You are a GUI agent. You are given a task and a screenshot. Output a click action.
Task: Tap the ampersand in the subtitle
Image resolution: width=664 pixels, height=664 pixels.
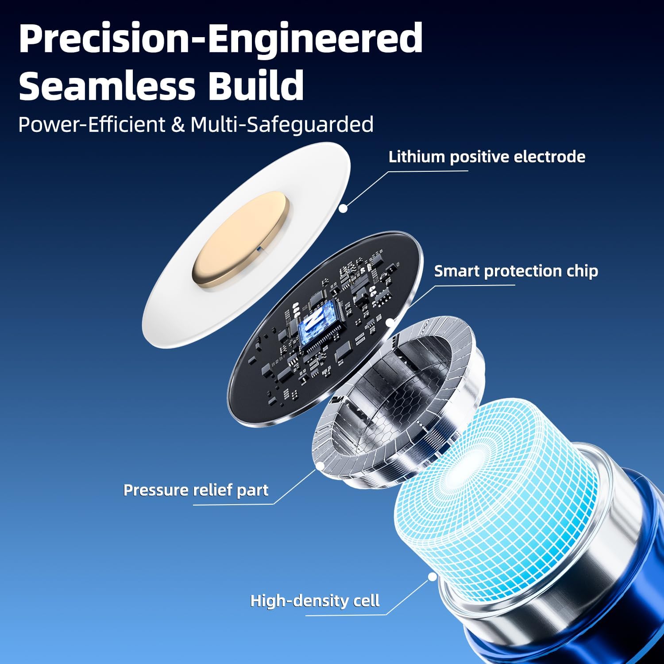click(178, 125)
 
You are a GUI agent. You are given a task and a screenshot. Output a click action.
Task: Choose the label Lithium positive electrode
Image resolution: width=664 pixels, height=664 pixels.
click(487, 157)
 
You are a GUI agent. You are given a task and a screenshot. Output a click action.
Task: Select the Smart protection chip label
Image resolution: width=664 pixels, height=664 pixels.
click(516, 271)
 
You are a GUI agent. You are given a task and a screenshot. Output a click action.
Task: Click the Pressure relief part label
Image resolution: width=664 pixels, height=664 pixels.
click(196, 490)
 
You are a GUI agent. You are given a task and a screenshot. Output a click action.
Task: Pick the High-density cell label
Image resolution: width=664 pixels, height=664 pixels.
click(315, 601)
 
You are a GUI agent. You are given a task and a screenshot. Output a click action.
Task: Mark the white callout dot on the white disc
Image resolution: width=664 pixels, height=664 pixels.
click(343, 208)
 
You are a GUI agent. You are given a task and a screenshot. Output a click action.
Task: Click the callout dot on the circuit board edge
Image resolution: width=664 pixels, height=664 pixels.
click(390, 322)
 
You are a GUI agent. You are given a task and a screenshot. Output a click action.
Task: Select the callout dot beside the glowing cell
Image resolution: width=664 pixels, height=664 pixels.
click(432, 577)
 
